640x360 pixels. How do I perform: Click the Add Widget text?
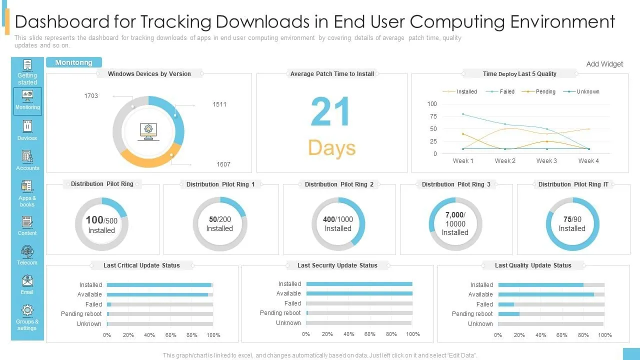(x=604, y=64)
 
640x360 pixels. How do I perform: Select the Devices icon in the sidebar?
(x=27, y=126)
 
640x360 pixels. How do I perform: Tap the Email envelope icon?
(x=27, y=281)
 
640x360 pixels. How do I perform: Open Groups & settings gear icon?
(x=27, y=310)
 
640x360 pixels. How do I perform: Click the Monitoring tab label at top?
(x=73, y=62)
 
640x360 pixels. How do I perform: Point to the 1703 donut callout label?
(x=91, y=95)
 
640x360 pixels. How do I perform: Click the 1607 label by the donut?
(x=223, y=164)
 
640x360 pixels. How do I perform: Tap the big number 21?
(x=330, y=111)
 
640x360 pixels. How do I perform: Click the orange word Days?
(x=331, y=147)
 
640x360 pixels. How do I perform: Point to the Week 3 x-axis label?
(x=546, y=161)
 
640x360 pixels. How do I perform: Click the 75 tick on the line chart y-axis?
(x=433, y=116)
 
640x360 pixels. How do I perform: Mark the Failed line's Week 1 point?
(x=463, y=114)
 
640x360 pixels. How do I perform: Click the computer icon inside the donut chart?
(x=148, y=131)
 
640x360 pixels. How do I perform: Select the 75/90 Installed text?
(x=572, y=223)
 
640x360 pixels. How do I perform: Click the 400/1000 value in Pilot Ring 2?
(x=337, y=219)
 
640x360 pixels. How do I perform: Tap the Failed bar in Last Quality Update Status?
(x=506, y=304)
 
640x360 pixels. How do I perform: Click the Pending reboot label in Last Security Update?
(x=280, y=313)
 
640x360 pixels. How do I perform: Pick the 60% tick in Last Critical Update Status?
(x=170, y=335)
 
